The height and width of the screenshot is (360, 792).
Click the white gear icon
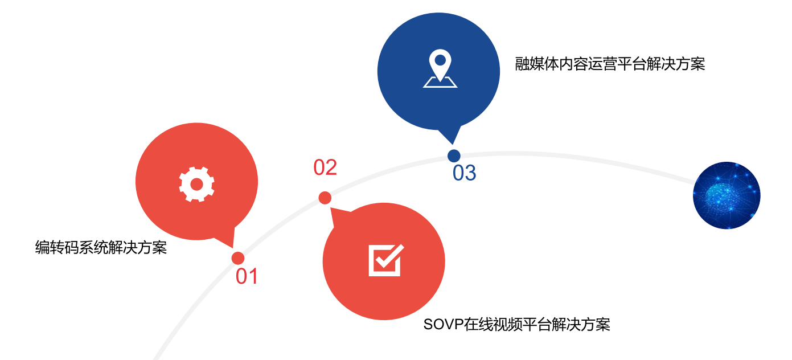pos(196,184)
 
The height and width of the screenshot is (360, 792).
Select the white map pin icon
pos(440,69)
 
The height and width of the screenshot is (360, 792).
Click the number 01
pos(247,276)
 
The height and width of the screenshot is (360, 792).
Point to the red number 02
pos(325,167)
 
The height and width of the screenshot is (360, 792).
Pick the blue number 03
pos(464,173)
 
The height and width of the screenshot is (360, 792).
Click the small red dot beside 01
pos(238,258)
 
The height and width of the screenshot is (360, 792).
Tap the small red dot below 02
pos(325,198)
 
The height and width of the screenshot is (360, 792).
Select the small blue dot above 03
pos(454,156)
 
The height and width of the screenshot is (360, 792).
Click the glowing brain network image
pos(727,195)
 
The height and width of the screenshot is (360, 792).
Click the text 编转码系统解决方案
pos(101,248)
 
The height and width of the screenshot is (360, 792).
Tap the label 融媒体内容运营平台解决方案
pos(610,64)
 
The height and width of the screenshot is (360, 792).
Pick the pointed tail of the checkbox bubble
pos(337,215)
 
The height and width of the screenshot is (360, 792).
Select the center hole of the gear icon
pos(196,184)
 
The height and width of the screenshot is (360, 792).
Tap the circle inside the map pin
pos(440,59)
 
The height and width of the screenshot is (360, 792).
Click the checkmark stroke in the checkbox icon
pos(389,257)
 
